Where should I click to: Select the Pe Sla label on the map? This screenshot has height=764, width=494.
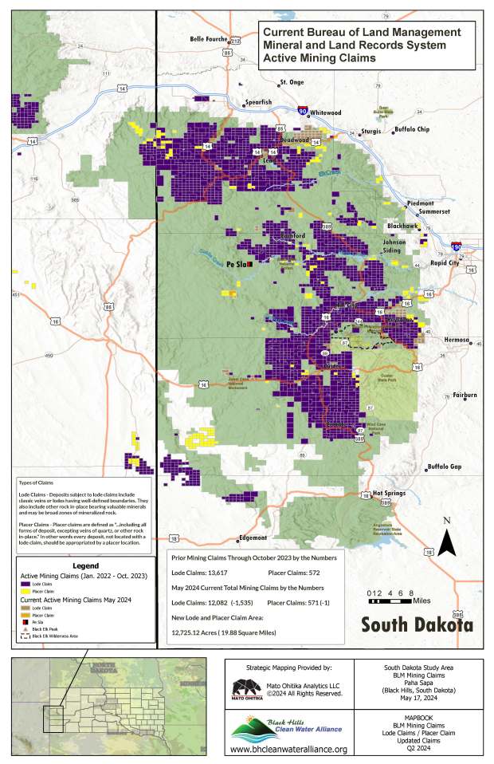click(x=236, y=263)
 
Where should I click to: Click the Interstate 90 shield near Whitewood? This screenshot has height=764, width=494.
click(x=303, y=112)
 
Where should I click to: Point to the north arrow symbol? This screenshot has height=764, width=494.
click(x=448, y=541)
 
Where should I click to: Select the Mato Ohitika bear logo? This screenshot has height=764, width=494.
click(x=245, y=687)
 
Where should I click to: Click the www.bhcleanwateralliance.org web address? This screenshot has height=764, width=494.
click(x=288, y=749)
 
